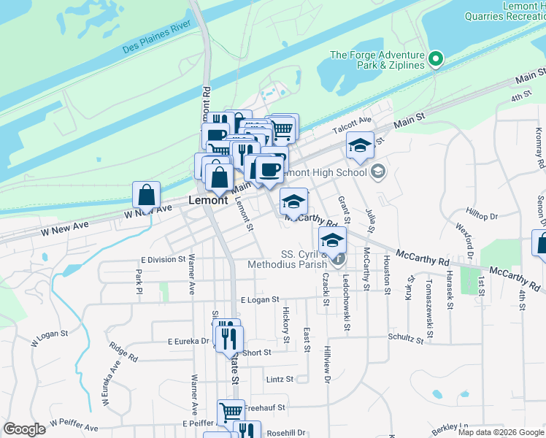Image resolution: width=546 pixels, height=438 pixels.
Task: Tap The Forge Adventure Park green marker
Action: pyautogui.click(x=437, y=58)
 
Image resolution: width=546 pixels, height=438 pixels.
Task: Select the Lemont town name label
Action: pyautogui.click(x=208, y=199)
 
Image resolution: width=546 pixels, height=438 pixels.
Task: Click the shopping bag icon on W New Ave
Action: pyautogui.click(x=146, y=196)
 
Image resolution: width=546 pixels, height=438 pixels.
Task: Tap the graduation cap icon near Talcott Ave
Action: pyautogui.click(x=360, y=145)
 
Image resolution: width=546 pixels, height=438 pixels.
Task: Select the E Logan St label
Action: pyautogui.click(x=260, y=299)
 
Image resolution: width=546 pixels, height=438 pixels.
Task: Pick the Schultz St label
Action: pyautogui.click(x=407, y=339)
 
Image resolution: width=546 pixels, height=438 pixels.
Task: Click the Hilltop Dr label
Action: pyautogui.click(x=482, y=216)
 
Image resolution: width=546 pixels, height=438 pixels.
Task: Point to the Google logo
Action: pyautogui.click(x=25, y=429)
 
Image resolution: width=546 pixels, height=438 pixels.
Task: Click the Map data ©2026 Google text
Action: pyautogui.click(x=500, y=432)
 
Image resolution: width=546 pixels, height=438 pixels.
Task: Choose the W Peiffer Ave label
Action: pyautogui.click(x=70, y=426)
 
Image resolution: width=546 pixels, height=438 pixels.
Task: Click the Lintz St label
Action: pyautogui.click(x=280, y=379)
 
